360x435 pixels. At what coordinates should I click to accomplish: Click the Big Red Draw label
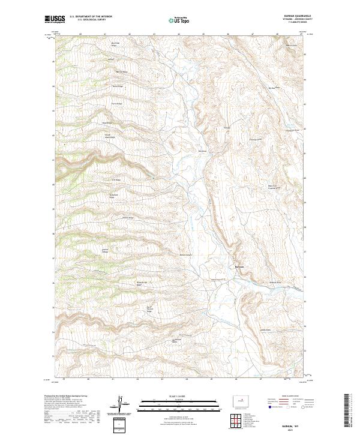[271, 88]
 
